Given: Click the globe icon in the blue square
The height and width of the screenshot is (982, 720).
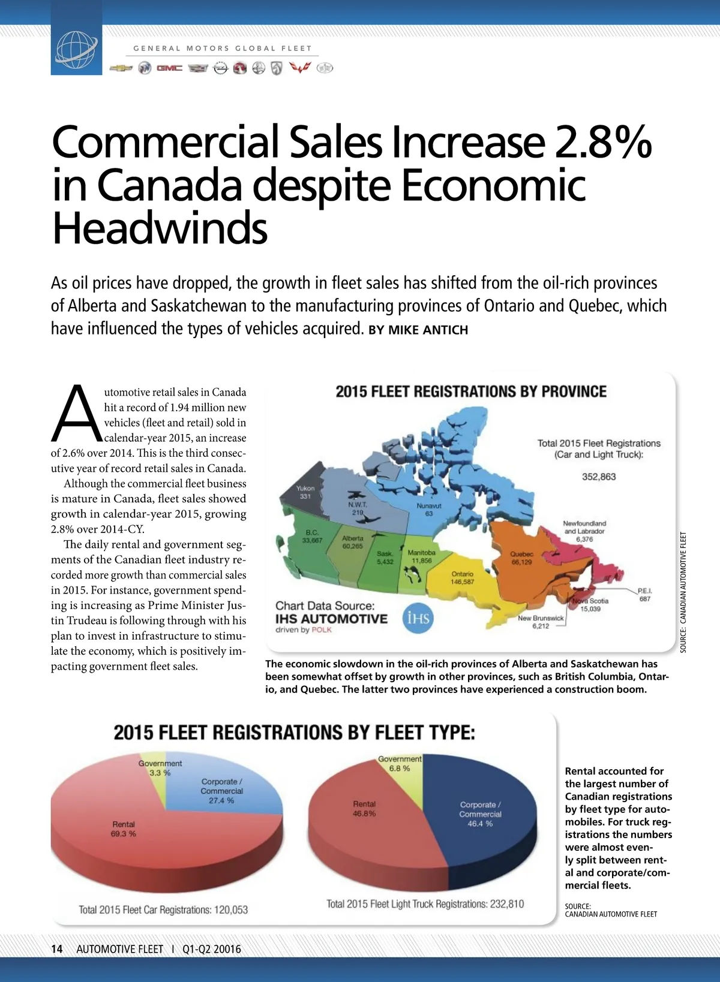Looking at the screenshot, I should (76, 49).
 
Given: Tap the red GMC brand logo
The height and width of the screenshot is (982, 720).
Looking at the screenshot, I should (169, 68).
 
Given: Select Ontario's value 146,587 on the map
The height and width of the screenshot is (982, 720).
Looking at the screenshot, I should (463, 582).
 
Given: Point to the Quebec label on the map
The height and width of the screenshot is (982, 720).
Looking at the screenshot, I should (521, 555).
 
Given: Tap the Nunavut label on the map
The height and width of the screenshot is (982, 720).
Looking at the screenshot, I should (429, 506).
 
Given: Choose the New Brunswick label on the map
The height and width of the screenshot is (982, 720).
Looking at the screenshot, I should (541, 618).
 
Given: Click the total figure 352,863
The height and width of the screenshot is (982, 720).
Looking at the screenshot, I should (599, 477).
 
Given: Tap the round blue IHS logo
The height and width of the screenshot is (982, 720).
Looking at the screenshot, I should (418, 617).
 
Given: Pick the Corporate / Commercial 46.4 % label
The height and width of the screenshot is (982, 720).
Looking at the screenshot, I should (480, 814).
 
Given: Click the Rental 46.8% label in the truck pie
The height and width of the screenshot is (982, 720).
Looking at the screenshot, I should (364, 809).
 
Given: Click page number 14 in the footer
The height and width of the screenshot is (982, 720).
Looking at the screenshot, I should (57, 949).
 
